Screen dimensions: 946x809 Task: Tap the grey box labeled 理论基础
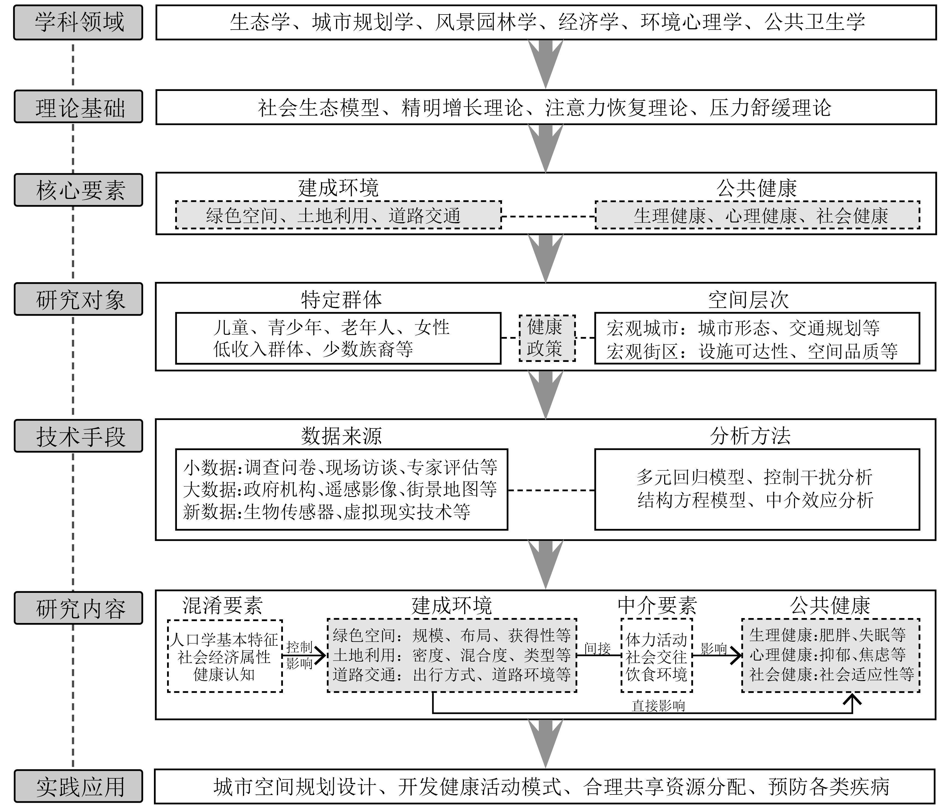coord(78,107)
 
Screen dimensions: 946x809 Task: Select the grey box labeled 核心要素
coord(78,190)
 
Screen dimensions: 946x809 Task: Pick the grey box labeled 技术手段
coord(78,436)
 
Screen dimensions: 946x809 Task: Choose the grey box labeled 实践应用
coord(78,786)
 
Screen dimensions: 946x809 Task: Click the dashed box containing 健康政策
coord(546,338)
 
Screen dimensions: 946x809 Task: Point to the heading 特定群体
coord(341,300)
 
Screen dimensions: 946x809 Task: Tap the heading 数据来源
coord(341,436)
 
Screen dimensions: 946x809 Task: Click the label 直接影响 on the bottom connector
coord(658,706)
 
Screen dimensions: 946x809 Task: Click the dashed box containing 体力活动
coord(657,656)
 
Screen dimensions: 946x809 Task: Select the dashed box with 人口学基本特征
coord(225,656)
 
